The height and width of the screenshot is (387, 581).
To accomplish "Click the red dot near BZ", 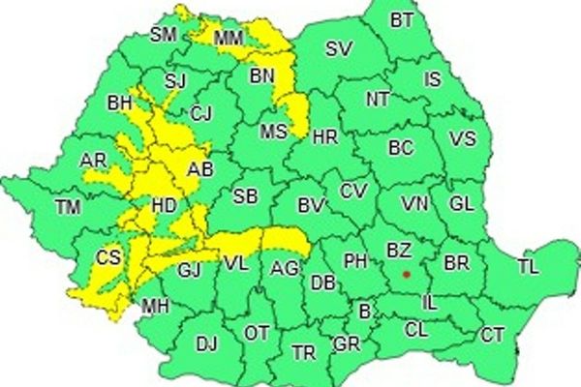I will (407, 274).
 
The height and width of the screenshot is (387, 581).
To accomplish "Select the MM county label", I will (229, 39).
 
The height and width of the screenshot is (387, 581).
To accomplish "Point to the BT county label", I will (400, 19).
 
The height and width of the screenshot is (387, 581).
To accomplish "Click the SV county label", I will (338, 49).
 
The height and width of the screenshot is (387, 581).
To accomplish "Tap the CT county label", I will (493, 335).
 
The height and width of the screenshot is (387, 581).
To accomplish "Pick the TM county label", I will (68, 206).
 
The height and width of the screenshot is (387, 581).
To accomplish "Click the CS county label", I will (108, 257).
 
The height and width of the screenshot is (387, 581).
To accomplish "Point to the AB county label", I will (199, 169).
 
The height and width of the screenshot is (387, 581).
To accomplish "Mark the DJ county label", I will (207, 342).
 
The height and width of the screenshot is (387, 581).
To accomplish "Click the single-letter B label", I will (364, 312).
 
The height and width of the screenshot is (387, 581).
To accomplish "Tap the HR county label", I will (325, 137).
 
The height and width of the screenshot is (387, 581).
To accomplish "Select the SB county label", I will (245, 196).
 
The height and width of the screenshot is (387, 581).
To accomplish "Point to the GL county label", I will (463, 204).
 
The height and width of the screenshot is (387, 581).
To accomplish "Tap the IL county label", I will (430, 304).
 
